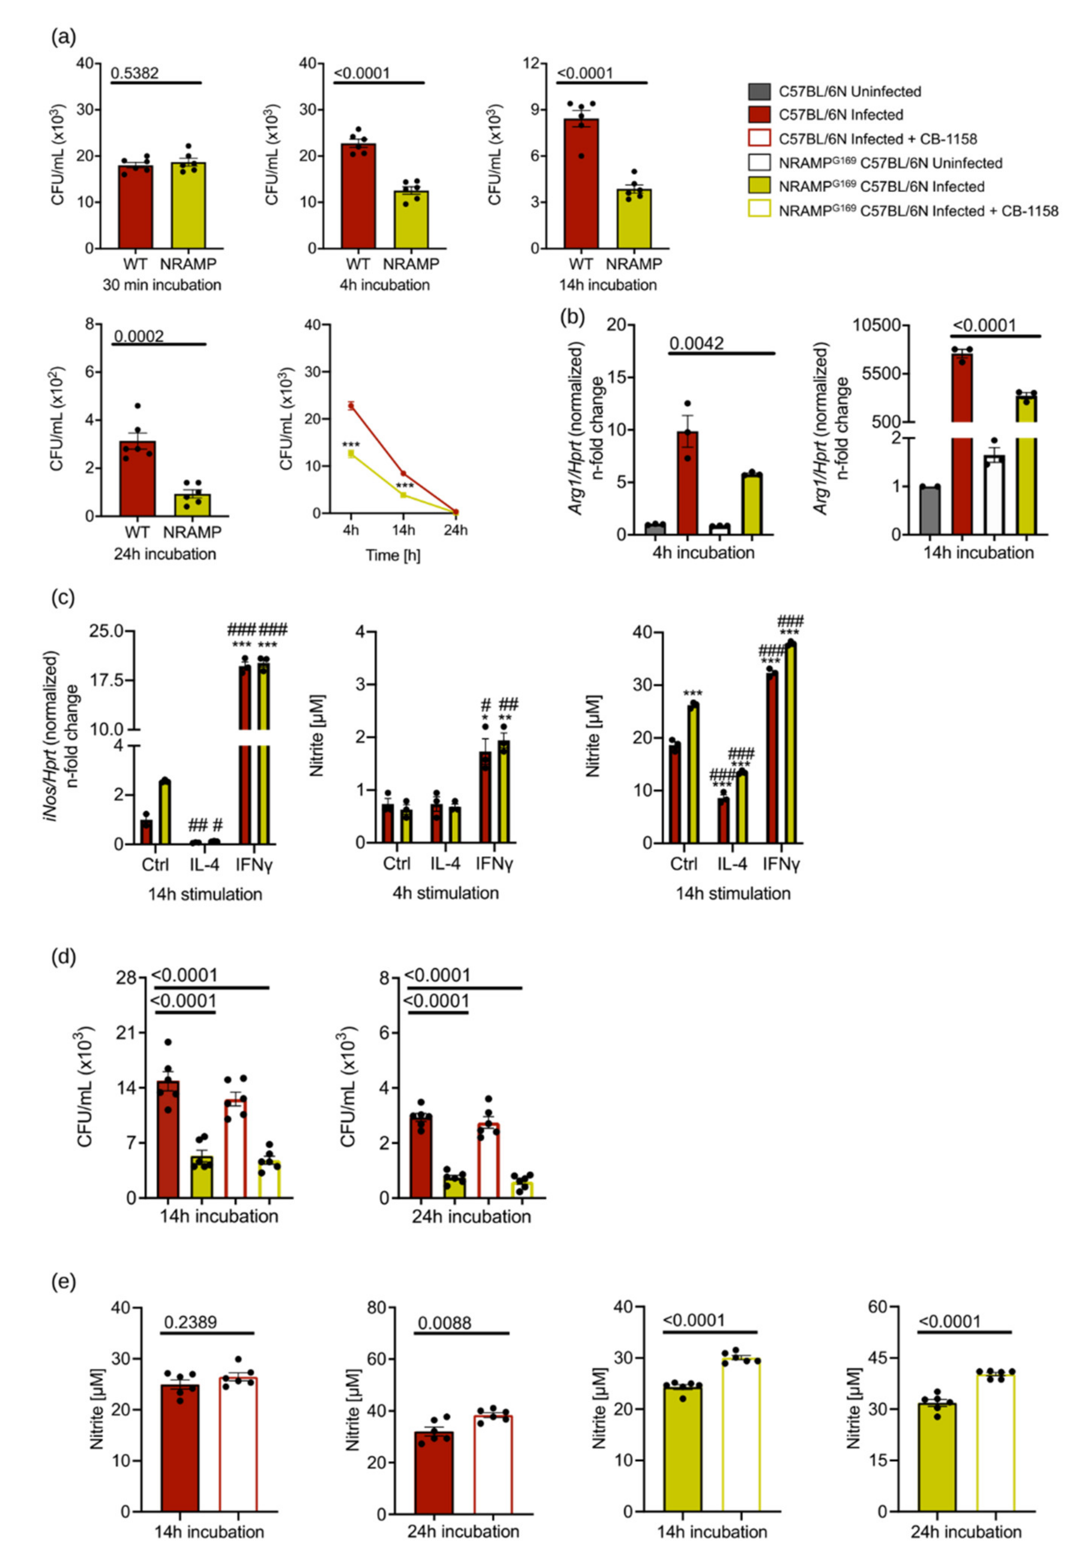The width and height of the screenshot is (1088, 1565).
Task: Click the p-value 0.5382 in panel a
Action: [135, 73]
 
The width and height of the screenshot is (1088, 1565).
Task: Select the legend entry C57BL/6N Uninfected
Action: [849, 91]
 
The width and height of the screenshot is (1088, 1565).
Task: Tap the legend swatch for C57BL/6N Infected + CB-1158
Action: [759, 139]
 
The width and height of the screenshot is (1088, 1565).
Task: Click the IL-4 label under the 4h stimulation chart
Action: [445, 864]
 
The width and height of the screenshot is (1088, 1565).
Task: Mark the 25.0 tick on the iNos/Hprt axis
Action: [106, 632]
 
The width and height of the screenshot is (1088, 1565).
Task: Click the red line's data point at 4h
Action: [351, 405]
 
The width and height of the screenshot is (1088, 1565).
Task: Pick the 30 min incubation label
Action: [162, 285]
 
